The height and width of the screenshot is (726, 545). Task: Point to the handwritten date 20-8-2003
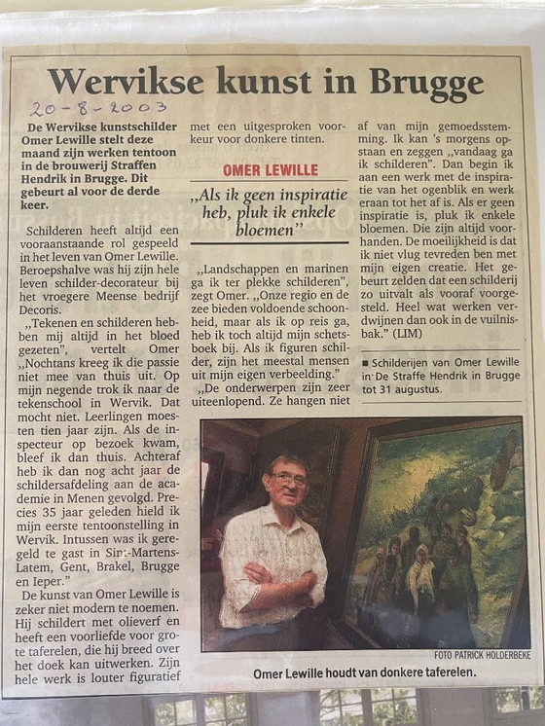97,108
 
